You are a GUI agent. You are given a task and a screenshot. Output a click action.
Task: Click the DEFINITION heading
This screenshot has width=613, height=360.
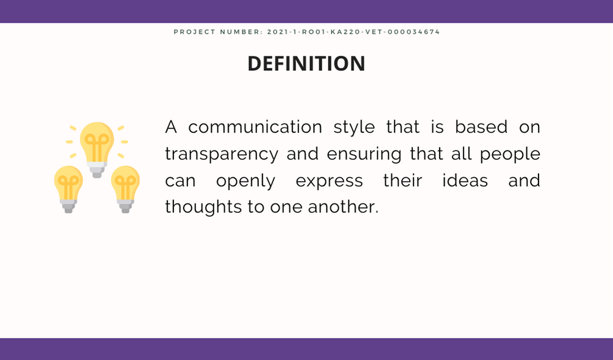(x=306, y=63)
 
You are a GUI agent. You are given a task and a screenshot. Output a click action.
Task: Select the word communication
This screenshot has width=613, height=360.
(x=255, y=127)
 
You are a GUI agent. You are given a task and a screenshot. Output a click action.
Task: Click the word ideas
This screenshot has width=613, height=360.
(x=465, y=181)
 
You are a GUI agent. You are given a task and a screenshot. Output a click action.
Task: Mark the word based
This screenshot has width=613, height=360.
(x=481, y=127)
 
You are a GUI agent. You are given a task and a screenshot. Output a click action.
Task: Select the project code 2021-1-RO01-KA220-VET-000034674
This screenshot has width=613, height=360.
(x=354, y=32)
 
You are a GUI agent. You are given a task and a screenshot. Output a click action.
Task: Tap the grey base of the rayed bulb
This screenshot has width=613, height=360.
(x=97, y=170)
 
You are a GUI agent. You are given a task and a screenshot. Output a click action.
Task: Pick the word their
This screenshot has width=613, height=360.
(x=402, y=181)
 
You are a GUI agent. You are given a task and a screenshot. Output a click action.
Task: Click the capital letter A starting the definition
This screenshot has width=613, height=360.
(x=171, y=128)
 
